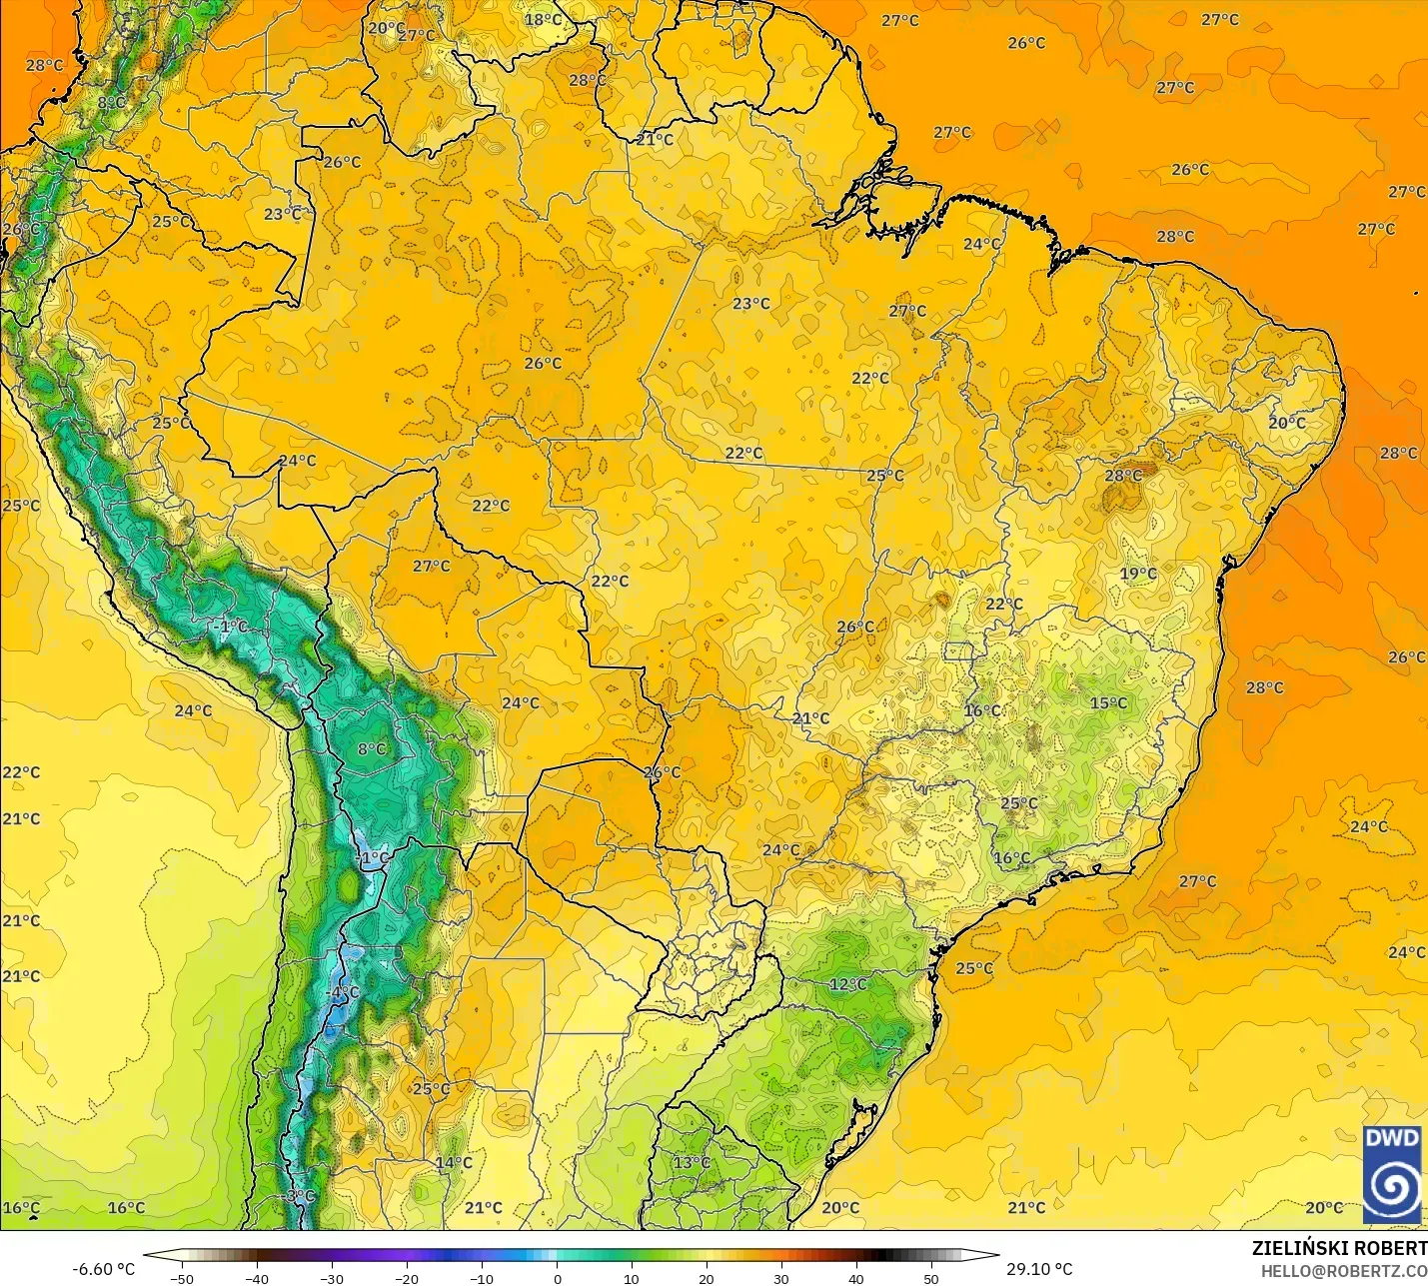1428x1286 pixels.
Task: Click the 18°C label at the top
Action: (x=544, y=19)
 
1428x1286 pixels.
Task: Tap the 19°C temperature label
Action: (x=1138, y=574)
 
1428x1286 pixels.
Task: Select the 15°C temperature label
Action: (x=1108, y=702)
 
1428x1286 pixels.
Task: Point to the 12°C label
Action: (x=848, y=984)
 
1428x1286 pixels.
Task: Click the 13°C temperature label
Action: (x=692, y=1162)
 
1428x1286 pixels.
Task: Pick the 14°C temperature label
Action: (x=454, y=1162)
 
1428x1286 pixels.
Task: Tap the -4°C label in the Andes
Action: (x=343, y=992)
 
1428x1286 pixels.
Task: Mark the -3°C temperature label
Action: (x=299, y=1196)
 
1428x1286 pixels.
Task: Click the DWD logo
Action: (x=1392, y=1173)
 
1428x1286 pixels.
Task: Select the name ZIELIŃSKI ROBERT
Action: (x=1339, y=1248)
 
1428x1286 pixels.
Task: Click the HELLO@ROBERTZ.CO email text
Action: (x=1343, y=1271)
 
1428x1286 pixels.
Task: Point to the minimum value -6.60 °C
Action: (x=103, y=1269)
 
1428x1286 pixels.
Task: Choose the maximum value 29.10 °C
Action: (x=1039, y=1269)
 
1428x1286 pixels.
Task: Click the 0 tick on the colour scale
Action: (x=557, y=1278)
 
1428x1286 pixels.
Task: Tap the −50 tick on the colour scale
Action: (x=181, y=1278)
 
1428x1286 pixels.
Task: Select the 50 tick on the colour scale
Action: (x=931, y=1278)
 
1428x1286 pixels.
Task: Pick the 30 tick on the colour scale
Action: (x=781, y=1278)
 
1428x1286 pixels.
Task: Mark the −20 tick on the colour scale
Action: (x=406, y=1278)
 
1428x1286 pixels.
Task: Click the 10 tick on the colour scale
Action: (x=632, y=1278)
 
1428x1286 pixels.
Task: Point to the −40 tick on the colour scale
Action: (x=256, y=1278)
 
